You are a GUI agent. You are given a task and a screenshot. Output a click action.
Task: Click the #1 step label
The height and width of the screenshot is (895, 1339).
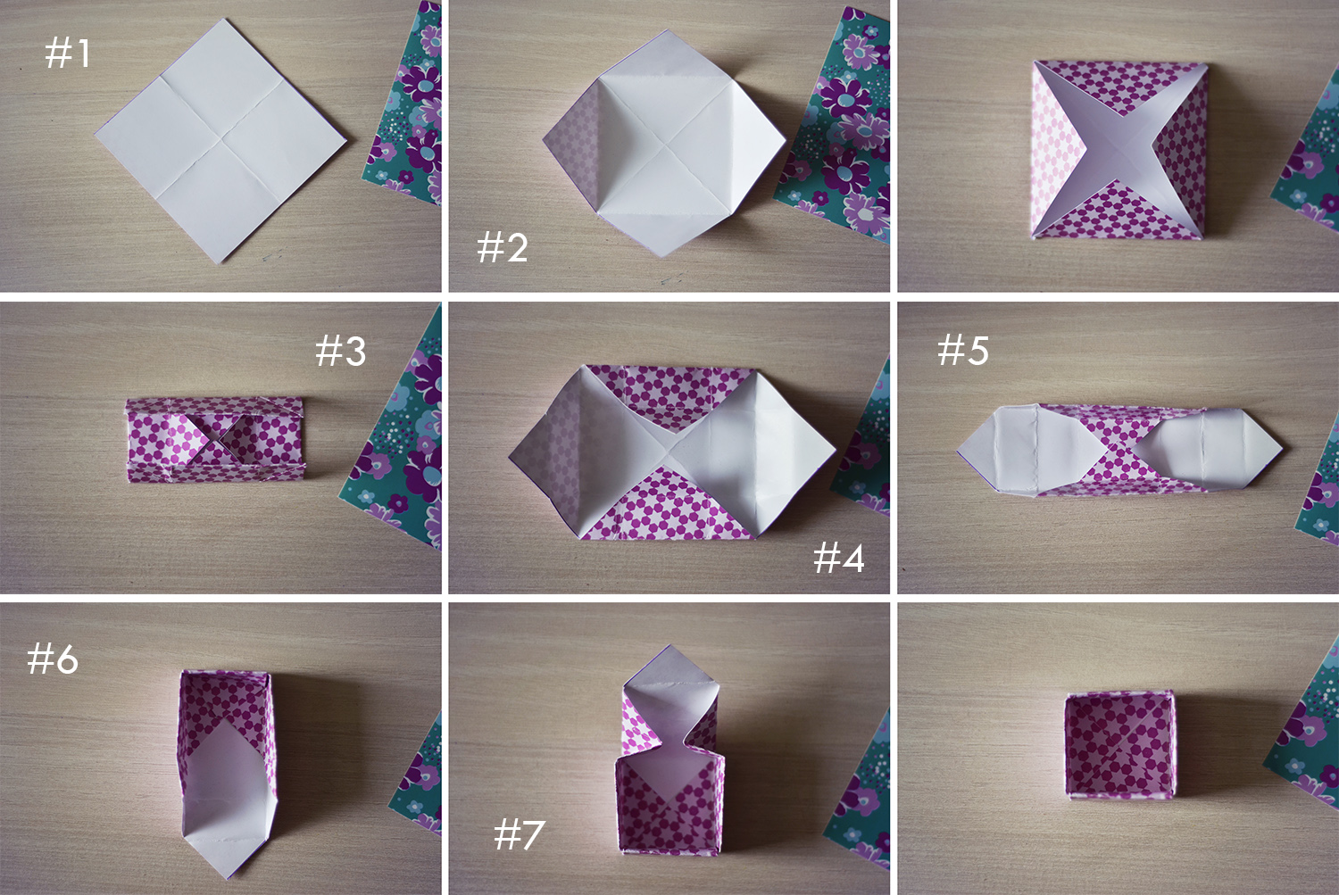pyautogui.click(x=68, y=54)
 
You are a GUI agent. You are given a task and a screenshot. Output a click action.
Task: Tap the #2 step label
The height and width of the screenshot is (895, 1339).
pyautogui.click(x=502, y=247)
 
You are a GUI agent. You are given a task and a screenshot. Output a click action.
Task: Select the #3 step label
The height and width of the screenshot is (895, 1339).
pyautogui.click(x=340, y=351)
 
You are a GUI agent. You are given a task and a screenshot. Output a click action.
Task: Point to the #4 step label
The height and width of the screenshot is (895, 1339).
pyautogui.click(x=839, y=558)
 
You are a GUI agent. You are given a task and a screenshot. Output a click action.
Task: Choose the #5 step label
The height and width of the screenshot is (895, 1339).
pyautogui.click(x=962, y=350)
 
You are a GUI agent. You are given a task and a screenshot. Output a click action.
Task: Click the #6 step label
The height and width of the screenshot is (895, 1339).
pyautogui.click(x=53, y=659)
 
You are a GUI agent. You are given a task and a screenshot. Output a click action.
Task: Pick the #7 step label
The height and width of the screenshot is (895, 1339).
pyautogui.click(x=519, y=834)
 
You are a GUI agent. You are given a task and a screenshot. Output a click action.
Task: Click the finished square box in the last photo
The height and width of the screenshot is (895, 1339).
pyautogui.click(x=1119, y=745)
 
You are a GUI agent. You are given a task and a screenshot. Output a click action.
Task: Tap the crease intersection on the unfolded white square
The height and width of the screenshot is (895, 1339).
pyautogui.click(x=222, y=139)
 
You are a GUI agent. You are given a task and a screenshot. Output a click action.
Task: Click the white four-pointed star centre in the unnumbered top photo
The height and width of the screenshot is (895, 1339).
pyautogui.click(x=1117, y=149)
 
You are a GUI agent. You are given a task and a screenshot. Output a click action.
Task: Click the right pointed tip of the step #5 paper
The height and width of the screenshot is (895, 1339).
pyautogui.click(x=1282, y=448)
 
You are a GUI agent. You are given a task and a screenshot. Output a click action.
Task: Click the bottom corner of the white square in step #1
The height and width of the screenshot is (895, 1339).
pyautogui.click(x=219, y=263)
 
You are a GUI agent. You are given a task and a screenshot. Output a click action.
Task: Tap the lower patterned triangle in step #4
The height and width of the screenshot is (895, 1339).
pyautogui.click(x=667, y=507)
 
